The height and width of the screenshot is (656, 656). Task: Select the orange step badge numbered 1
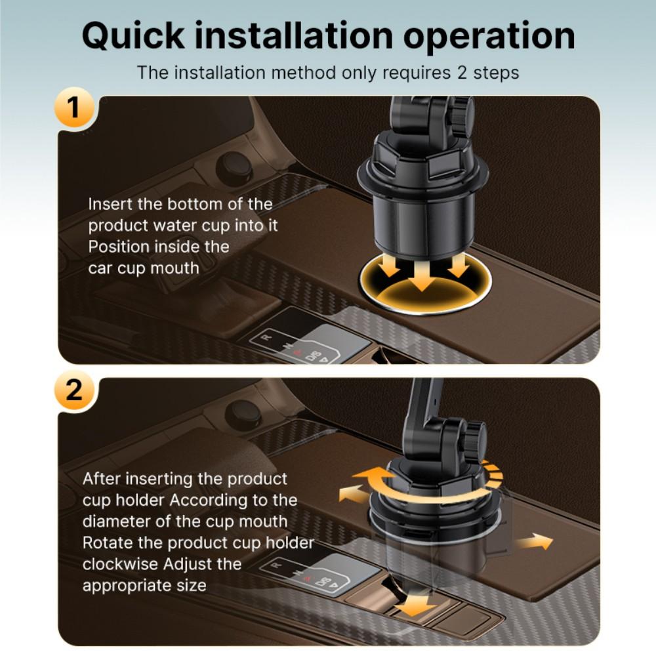(x=74, y=107)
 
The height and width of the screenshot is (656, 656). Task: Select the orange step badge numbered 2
(x=74, y=390)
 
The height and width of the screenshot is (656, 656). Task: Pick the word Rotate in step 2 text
(x=107, y=543)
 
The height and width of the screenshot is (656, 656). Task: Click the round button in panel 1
(x=234, y=167)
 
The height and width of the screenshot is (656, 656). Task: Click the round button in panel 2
(x=243, y=415)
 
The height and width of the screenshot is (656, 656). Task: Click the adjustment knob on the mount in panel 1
(x=464, y=113)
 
